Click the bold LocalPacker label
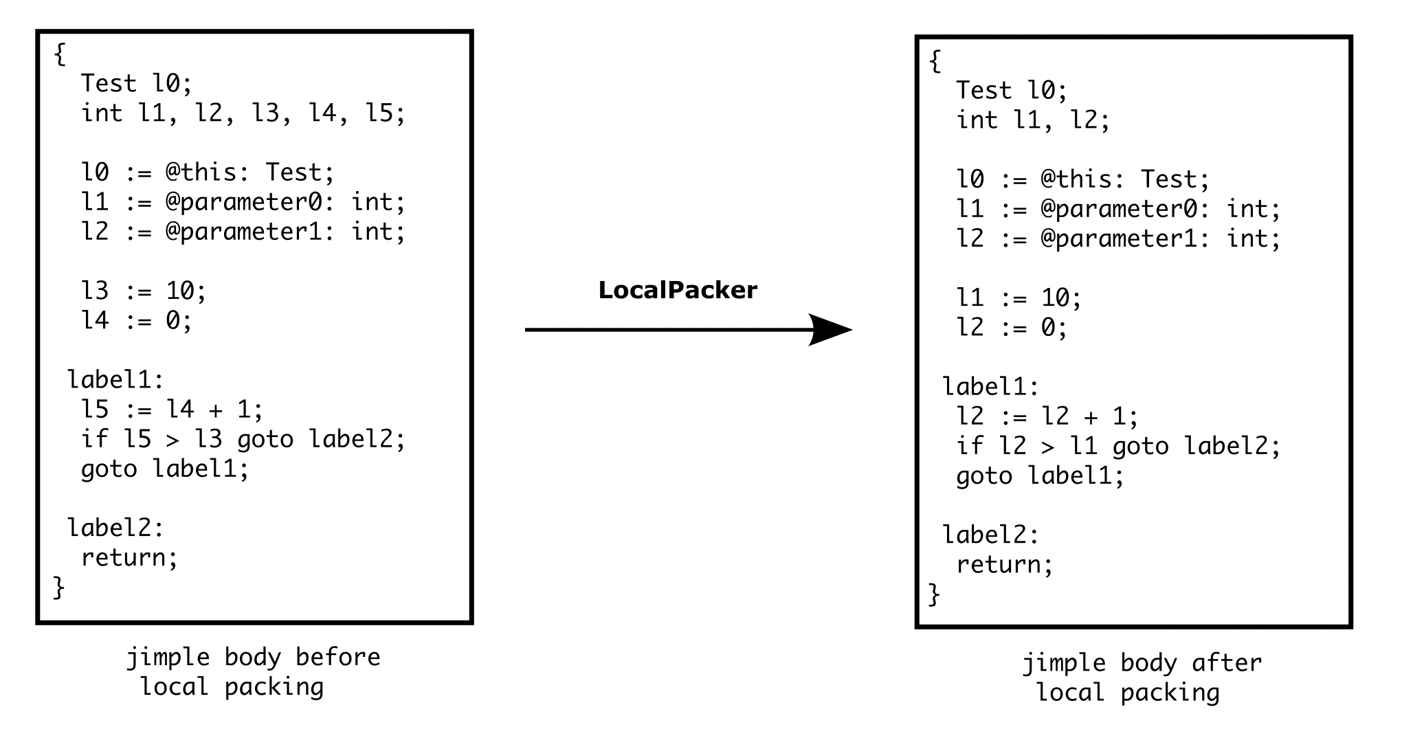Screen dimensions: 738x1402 [x=678, y=290]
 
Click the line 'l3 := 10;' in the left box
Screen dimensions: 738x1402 [x=144, y=291]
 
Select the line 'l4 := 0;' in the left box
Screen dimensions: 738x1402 [x=136, y=320]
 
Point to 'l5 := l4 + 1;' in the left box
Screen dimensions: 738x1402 [x=172, y=410]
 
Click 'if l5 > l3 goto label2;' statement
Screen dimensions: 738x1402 [x=243, y=439]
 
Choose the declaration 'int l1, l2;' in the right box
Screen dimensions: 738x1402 [x=1032, y=120]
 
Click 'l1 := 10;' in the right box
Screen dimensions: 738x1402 [x=1019, y=298]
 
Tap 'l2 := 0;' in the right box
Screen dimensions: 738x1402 [x=1012, y=328]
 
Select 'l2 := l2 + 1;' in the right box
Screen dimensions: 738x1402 [x=1047, y=416]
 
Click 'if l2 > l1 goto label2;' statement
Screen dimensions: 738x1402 [x=1118, y=447]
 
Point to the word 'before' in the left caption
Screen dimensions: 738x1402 [x=337, y=657]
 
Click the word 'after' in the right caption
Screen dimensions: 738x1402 [x=1227, y=663]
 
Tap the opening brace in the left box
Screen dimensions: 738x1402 [x=60, y=54]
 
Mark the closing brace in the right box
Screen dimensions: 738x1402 [x=934, y=594]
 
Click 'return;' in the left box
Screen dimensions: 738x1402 [x=129, y=557]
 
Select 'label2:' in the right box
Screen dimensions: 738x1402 [x=990, y=535]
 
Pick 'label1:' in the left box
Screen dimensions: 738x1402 [x=115, y=380]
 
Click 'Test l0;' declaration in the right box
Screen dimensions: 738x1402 [x=1012, y=90]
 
